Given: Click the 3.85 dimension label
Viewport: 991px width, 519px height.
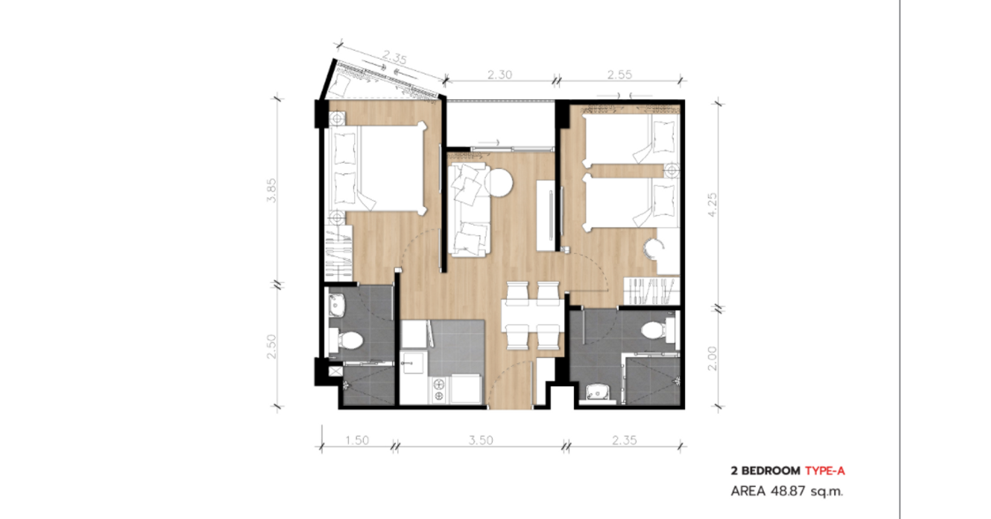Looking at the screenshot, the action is pyautogui.click(x=271, y=190).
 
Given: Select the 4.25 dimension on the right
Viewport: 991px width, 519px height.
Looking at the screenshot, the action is pyautogui.click(x=712, y=204).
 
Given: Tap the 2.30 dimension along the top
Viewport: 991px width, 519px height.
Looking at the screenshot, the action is pyautogui.click(x=499, y=75).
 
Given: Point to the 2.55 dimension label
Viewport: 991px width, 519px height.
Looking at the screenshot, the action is pyautogui.click(x=620, y=75).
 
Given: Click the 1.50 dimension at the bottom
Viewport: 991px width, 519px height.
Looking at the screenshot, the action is pyautogui.click(x=357, y=440).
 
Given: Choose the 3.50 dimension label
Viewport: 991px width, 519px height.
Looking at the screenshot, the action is pyautogui.click(x=481, y=440).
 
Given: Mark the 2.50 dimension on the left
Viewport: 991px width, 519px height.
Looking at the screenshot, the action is pyautogui.click(x=271, y=346).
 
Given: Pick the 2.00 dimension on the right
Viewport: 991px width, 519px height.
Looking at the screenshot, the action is pyautogui.click(x=712, y=358).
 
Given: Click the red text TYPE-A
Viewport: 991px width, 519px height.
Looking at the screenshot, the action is pyautogui.click(x=825, y=471).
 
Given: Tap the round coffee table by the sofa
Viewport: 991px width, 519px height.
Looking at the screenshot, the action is pyautogui.click(x=499, y=182).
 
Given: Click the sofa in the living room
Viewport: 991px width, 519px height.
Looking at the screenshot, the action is pyautogui.click(x=469, y=210).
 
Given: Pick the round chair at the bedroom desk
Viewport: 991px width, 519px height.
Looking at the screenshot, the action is pyautogui.click(x=654, y=249).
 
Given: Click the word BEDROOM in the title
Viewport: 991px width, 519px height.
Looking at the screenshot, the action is pyautogui.click(x=771, y=471).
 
